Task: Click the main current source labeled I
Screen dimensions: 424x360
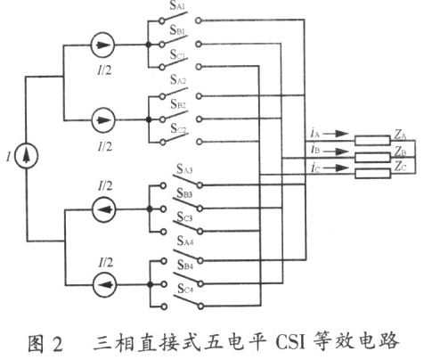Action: pos(27,156)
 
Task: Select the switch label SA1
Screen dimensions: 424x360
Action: pos(178,6)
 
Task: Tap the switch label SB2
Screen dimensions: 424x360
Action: pos(178,104)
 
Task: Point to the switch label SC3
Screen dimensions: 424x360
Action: pos(184,217)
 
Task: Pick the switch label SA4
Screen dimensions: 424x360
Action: pos(185,241)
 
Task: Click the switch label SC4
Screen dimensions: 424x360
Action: pos(185,289)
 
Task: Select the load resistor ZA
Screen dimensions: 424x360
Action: pos(372,141)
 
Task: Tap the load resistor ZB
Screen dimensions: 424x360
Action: pos(372,157)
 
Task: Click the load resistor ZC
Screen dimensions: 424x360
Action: pos(372,174)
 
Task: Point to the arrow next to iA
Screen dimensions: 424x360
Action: pos(338,134)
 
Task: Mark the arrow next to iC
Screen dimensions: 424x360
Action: pos(338,168)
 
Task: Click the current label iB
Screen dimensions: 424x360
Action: pos(315,150)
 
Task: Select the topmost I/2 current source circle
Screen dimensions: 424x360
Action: pos(102,45)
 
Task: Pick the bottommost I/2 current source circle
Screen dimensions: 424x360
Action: pos(104,285)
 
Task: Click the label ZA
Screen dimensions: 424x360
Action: pos(400,135)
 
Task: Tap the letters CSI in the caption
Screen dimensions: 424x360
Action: pos(290,342)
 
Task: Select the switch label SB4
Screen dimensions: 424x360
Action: pos(185,265)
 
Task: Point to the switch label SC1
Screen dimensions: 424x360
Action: pos(178,54)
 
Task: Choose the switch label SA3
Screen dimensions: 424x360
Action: pos(184,169)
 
